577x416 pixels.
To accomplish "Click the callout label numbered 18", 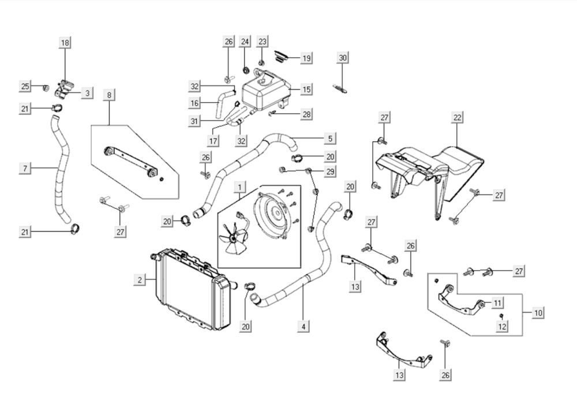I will tap(65, 43).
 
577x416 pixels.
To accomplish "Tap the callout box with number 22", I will tap(457, 117).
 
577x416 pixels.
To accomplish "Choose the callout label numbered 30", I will tap(343, 58).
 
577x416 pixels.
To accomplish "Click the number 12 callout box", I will tap(502, 327).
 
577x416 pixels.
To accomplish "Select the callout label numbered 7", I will tap(25, 168).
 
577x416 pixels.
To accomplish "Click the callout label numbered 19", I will tap(306, 58).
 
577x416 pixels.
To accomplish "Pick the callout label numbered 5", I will tap(329, 138).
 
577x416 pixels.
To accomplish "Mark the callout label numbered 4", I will tap(303, 327).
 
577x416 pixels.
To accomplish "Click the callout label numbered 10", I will tap(538, 313).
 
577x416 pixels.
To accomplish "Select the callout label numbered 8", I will tap(108, 94).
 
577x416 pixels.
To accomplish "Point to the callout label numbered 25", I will tap(25, 87).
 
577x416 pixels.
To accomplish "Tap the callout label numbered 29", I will tap(329, 171).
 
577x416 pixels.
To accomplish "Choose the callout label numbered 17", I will tap(213, 141).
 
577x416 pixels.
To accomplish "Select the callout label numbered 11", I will tap(497, 302).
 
